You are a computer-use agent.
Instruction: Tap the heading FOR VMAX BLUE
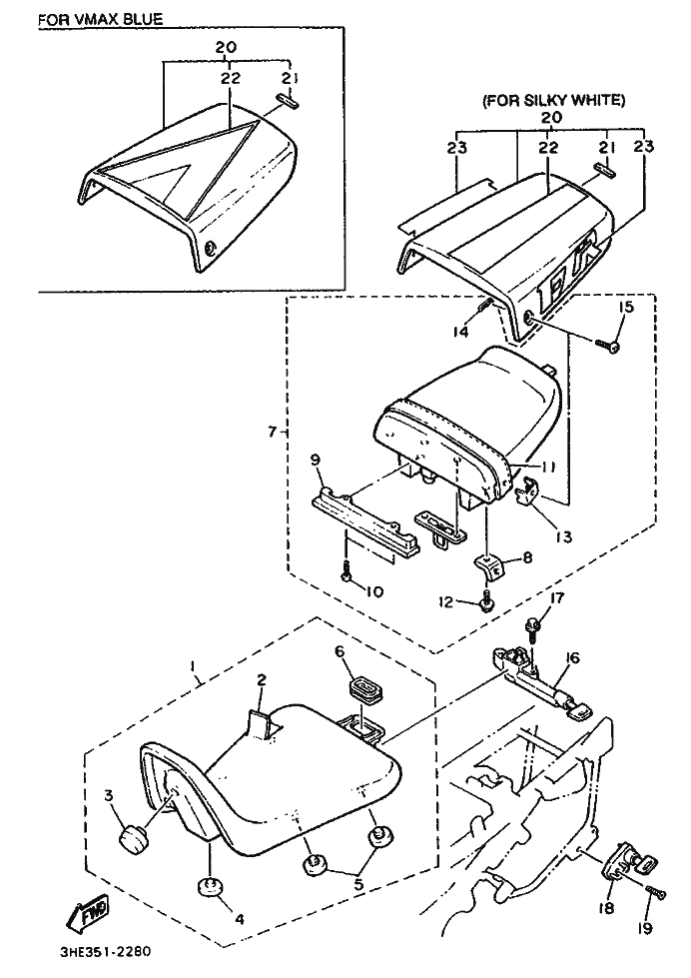(x=101, y=18)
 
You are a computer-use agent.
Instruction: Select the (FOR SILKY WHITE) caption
(x=553, y=100)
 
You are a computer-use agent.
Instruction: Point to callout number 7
(x=272, y=433)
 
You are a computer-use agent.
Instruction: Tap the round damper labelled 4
(x=211, y=885)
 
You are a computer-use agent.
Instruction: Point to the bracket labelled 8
(x=489, y=567)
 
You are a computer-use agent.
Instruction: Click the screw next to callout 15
(x=606, y=344)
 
